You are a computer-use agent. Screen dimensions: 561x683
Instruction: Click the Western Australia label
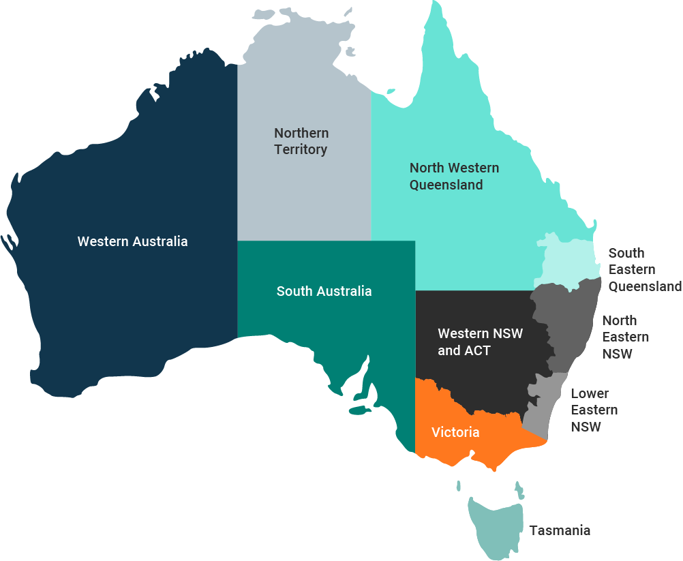[x=132, y=241]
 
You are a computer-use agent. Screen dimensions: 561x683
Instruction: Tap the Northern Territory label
[x=301, y=141]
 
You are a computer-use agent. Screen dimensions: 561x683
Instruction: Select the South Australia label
[x=324, y=291]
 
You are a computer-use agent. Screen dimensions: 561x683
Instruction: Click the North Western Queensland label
[x=454, y=176]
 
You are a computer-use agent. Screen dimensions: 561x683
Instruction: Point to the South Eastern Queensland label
[x=644, y=269]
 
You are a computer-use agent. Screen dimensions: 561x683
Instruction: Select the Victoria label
[x=455, y=432]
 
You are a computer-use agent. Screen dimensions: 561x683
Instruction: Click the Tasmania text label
[x=560, y=530]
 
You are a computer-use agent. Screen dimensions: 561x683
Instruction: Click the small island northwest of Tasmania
[x=458, y=486]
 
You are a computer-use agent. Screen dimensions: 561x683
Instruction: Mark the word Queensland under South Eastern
[x=644, y=286]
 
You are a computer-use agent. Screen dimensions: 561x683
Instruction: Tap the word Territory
[x=301, y=149]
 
